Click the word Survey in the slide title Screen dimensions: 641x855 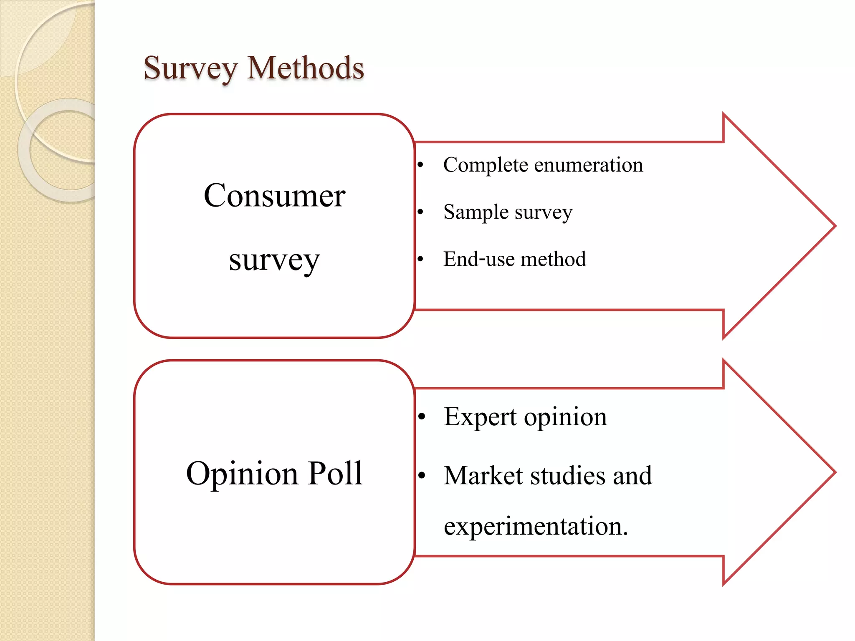(x=190, y=68)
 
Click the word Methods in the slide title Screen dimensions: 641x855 (x=306, y=68)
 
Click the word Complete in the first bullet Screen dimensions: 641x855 (x=486, y=165)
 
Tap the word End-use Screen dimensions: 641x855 (x=479, y=259)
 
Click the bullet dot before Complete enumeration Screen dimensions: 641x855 (x=421, y=165)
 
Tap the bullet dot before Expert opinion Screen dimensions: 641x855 (x=422, y=416)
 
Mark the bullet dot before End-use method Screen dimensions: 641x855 (x=421, y=259)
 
